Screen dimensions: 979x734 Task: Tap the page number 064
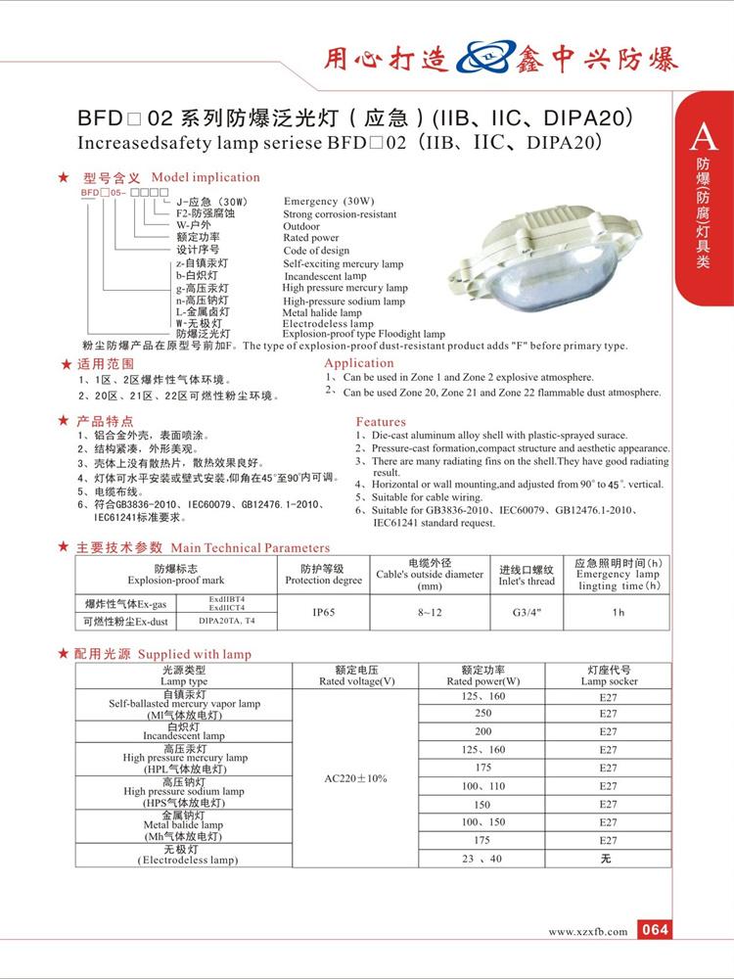655,930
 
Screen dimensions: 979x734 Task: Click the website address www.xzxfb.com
587,932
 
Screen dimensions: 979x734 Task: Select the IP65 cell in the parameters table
324,613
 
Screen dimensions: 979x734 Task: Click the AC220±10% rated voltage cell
355,778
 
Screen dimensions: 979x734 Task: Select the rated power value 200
482,731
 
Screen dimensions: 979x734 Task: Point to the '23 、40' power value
482,859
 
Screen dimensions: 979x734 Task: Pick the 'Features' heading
381,421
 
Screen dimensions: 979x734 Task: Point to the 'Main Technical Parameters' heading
251,548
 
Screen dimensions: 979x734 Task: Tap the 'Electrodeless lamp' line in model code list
329,323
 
